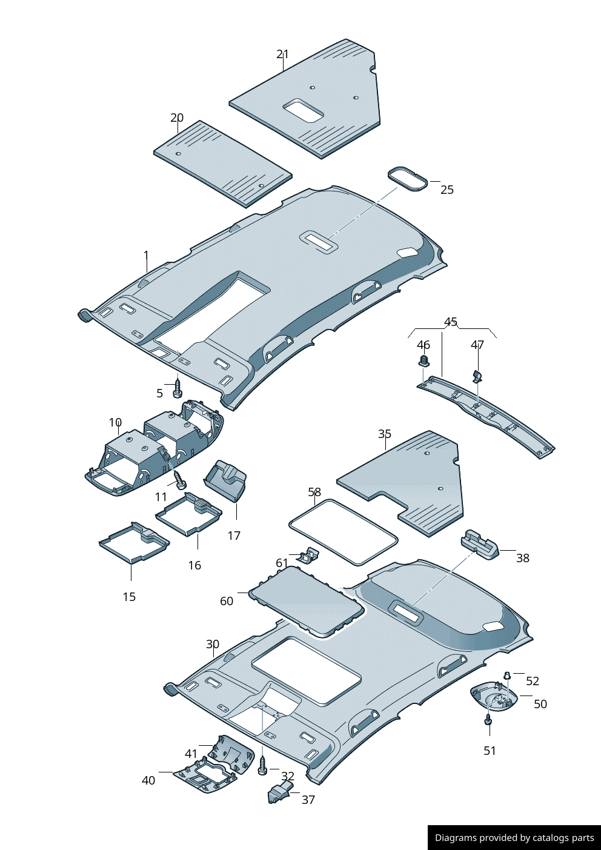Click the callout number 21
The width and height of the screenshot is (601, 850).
pos(282,55)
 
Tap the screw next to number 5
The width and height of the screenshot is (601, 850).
pos(178,388)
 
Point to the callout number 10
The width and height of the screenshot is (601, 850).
pos(115,422)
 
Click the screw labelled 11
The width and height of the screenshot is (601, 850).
pos(181,482)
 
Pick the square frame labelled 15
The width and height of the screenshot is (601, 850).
pos(134,542)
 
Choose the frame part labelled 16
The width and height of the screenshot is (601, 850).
pos(188,513)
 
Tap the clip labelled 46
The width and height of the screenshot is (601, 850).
pos(423,362)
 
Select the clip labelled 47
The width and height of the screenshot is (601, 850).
pos(477,376)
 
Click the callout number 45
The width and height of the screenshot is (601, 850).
pos(451,322)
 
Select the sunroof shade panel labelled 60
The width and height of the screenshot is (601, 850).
pos(307,601)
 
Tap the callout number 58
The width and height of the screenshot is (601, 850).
pos(314,493)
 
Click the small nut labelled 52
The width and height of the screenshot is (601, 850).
pos(507,676)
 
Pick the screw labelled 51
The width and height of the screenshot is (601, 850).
pos(488,720)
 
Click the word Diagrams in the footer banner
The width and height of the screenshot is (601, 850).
pos(456,838)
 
